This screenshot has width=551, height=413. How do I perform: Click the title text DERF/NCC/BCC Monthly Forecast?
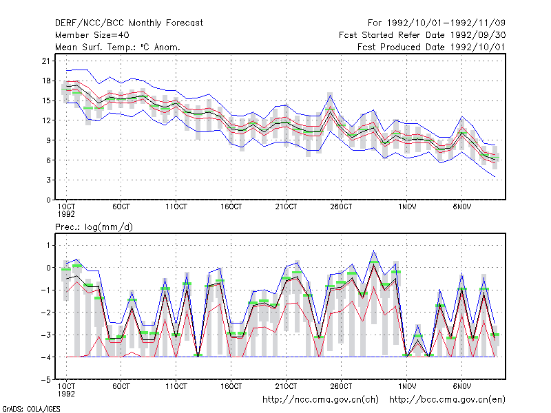point(129,23)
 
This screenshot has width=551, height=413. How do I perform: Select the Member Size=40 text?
point(92,35)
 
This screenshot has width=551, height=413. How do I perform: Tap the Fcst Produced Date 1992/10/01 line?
point(431,47)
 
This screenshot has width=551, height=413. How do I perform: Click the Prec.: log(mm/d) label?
point(94,227)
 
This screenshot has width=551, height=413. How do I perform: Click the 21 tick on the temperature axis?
point(46,61)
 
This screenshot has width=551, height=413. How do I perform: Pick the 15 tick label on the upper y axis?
point(46,100)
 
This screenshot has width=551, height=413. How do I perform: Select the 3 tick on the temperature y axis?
point(48,180)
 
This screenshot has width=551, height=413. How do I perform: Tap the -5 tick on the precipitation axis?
point(46,380)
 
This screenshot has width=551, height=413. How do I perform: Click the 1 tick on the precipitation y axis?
point(48,245)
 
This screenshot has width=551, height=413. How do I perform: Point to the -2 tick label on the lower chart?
point(46,313)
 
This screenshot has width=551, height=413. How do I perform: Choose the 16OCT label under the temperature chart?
point(231,207)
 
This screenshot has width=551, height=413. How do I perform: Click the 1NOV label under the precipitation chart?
point(407,386)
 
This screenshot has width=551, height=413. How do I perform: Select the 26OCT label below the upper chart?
point(341,207)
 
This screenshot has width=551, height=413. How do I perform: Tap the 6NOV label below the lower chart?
point(461,386)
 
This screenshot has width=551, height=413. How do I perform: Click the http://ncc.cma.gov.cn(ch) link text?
point(320,400)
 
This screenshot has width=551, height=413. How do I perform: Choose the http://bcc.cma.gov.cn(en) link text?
point(447,400)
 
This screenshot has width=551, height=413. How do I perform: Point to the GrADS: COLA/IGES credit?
point(31,409)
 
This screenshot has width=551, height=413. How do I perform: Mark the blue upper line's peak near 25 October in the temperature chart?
point(330,96)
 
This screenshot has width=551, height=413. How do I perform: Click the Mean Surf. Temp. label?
point(97,47)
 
